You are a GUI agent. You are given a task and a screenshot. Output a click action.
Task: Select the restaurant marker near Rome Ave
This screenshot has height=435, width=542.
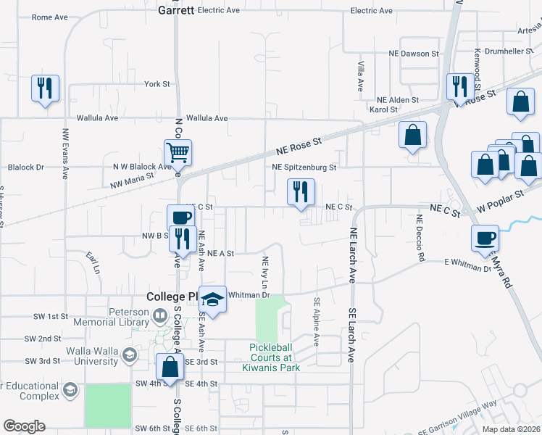click(x=45, y=89)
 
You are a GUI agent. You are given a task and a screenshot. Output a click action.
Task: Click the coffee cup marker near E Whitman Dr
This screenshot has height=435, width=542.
click(x=485, y=239)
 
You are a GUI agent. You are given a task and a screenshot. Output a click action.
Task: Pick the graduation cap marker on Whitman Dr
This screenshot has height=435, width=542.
click(x=212, y=299)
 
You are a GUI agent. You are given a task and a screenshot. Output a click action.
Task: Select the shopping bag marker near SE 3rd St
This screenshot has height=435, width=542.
click(x=170, y=368)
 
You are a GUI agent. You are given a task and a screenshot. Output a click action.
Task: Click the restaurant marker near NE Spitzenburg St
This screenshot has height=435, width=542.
click(x=301, y=193)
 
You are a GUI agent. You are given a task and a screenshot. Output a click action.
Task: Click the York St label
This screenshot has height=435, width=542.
click(x=157, y=84)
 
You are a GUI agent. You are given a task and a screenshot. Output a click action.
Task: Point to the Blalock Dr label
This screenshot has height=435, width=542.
click(x=26, y=167)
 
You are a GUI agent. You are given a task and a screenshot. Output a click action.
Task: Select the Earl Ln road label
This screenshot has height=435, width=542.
click(x=93, y=263)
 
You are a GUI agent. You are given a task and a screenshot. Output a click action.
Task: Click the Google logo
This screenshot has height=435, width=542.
click(x=25, y=426)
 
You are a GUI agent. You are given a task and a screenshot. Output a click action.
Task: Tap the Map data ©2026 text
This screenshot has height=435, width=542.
click(x=511, y=429)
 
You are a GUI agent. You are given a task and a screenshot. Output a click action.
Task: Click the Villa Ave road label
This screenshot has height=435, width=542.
click(x=360, y=76)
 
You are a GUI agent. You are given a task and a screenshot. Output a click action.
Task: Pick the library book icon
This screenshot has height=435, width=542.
click(x=160, y=316)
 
